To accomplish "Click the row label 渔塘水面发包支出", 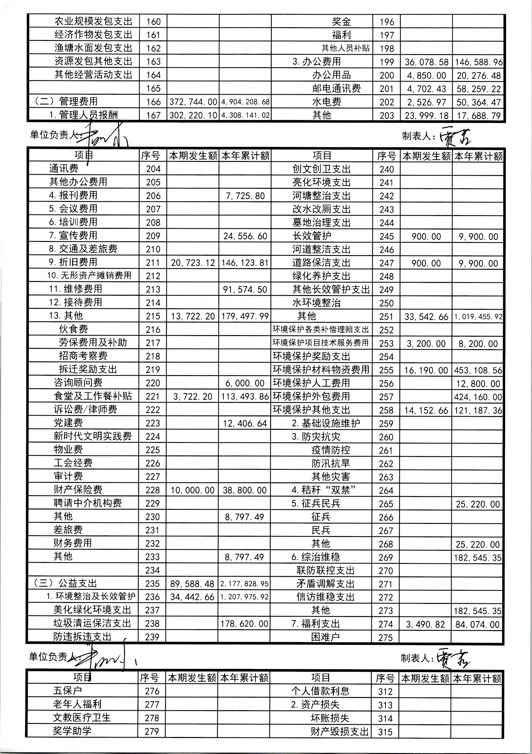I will (93, 48).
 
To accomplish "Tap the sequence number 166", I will (153, 102).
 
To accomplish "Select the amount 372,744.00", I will (193, 102).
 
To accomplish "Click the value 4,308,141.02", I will (245, 115).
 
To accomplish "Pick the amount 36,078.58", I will (427, 62).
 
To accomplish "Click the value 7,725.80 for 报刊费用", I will (245, 196).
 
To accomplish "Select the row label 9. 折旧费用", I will (73, 262).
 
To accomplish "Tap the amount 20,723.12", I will (193, 263).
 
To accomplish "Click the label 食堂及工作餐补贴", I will (93, 396).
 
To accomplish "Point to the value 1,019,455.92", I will (478, 317).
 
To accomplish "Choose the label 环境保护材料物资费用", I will (321, 370).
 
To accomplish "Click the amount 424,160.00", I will (478, 397).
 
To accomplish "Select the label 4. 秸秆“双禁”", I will (324, 490).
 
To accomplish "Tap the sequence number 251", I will (387, 317).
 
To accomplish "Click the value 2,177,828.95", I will (244, 584).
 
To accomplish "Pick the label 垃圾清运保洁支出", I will (92, 623).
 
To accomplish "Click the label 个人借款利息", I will (320, 691).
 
